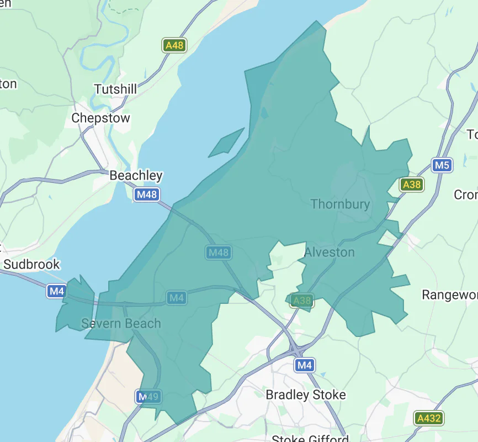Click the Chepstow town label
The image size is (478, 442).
[x=101, y=118]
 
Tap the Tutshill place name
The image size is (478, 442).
[x=115, y=89]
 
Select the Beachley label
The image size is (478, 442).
[x=136, y=176]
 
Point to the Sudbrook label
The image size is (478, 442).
[x=31, y=265]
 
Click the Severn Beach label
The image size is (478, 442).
[x=121, y=323]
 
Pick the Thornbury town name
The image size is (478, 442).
[x=340, y=204]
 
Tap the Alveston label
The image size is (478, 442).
[x=330, y=252]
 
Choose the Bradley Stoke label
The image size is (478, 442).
[x=306, y=394]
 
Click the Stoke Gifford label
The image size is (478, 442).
[x=310, y=439]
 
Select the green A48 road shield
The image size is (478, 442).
[x=174, y=45]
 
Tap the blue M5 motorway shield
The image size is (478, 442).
[x=442, y=165]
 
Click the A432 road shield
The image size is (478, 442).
[x=429, y=418]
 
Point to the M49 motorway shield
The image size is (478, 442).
[x=148, y=397]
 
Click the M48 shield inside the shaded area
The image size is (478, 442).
[x=218, y=252]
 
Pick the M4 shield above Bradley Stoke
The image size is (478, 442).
[x=304, y=365]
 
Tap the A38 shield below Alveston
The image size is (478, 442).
[x=301, y=301]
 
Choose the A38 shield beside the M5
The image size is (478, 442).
[x=412, y=185]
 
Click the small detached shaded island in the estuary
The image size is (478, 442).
[x=226, y=143]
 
